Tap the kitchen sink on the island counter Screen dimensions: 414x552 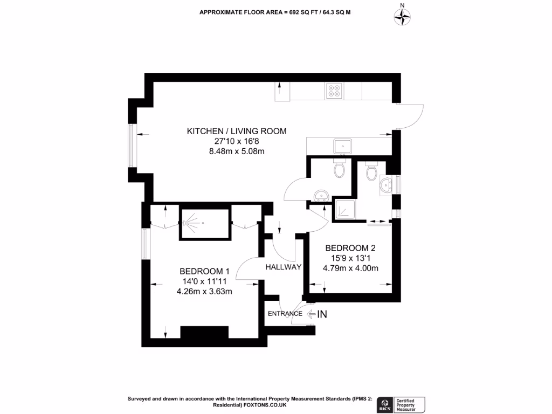click(342, 146)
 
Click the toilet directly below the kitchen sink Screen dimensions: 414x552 click(339, 169)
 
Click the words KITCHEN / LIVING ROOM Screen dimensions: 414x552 click(236, 131)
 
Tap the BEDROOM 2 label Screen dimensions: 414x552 click(350, 248)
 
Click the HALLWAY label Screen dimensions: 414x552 click(283, 266)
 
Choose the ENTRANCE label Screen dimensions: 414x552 click(285, 314)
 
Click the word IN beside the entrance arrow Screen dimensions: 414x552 click(322, 314)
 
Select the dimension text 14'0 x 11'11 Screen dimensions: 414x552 click(204, 281)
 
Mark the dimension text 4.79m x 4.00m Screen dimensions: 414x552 click(350, 268)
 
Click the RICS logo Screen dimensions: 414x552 click(385, 403)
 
